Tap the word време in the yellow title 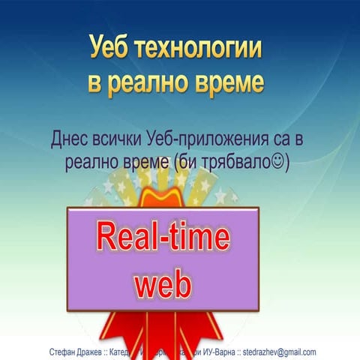(229, 82)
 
